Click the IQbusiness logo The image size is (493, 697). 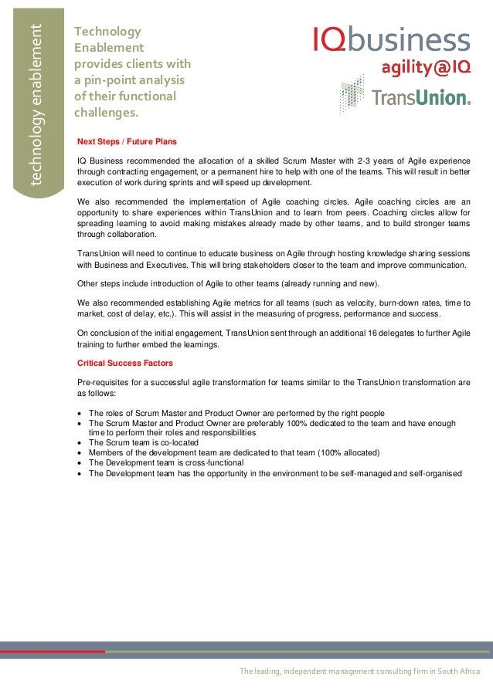pyautogui.click(x=391, y=39)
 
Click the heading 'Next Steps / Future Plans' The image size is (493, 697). pyautogui.click(x=127, y=142)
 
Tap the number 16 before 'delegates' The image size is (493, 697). pyautogui.click(x=353, y=333)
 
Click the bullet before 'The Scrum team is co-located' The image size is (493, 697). pyautogui.click(x=81, y=443)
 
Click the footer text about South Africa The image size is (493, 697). pyautogui.click(x=359, y=672)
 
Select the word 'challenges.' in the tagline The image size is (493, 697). pyautogui.click(x=106, y=113)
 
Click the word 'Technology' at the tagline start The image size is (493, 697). pyautogui.click(x=107, y=32)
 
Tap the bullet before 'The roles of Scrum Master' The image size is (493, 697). pyautogui.click(x=81, y=413)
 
